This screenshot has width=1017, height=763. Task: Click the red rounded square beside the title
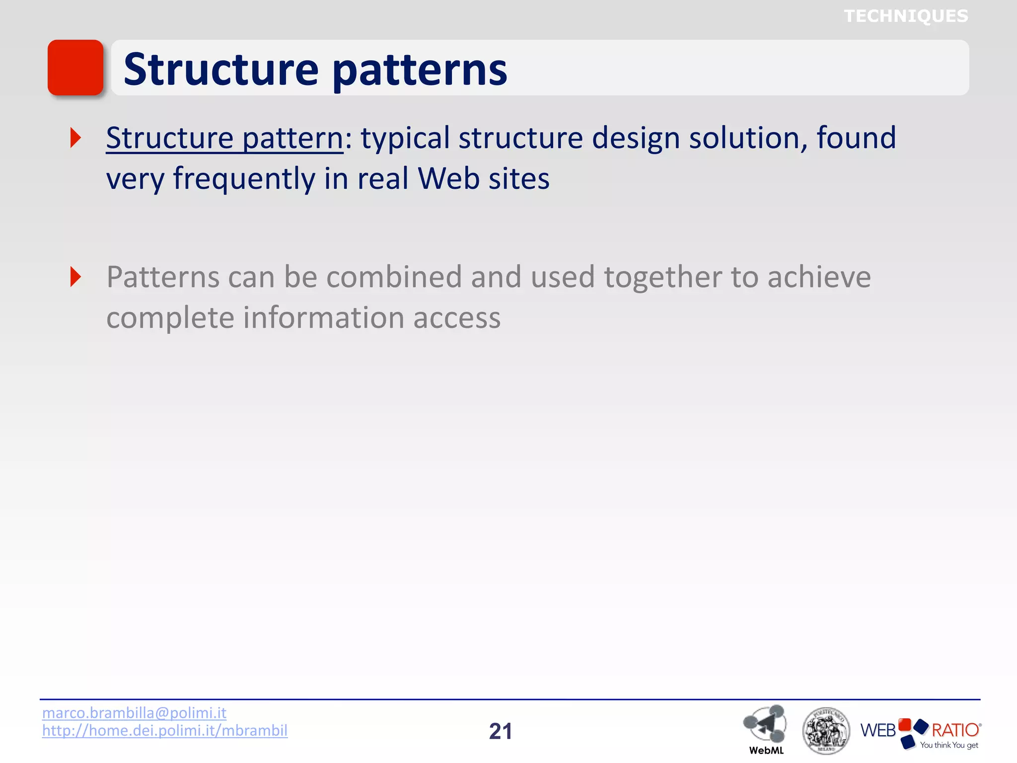click(75, 68)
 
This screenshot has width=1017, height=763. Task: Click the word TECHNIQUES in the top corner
click(906, 16)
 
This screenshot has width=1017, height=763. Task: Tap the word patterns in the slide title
click(420, 70)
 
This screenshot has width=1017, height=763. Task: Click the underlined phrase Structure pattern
click(224, 138)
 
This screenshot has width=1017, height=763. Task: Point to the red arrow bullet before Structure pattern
click(75, 138)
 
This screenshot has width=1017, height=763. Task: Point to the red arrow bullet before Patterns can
click(75, 277)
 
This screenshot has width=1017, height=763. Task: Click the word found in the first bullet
click(856, 138)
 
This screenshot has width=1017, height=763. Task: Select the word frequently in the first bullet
click(244, 179)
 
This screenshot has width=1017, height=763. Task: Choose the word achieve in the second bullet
click(819, 277)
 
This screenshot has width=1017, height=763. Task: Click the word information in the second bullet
click(323, 318)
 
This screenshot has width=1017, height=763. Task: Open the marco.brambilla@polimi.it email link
click(134, 713)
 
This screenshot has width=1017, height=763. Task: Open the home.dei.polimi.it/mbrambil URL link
click(165, 731)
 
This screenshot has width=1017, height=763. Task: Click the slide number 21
click(500, 731)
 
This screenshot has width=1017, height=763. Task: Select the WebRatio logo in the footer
click(920, 732)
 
